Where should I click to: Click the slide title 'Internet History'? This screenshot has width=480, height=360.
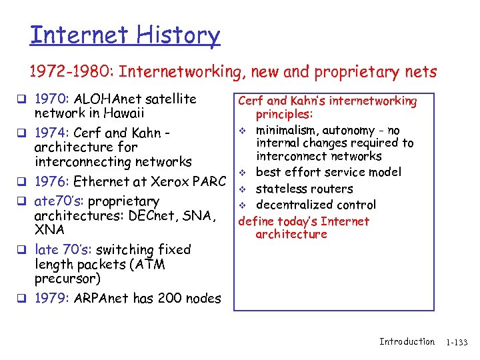pyautogui.click(x=125, y=35)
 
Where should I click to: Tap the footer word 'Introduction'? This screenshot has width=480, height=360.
pyautogui.click(x=407, y=341)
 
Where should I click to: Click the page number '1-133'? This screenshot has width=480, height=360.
pyautogui.click(x=457, y=342)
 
